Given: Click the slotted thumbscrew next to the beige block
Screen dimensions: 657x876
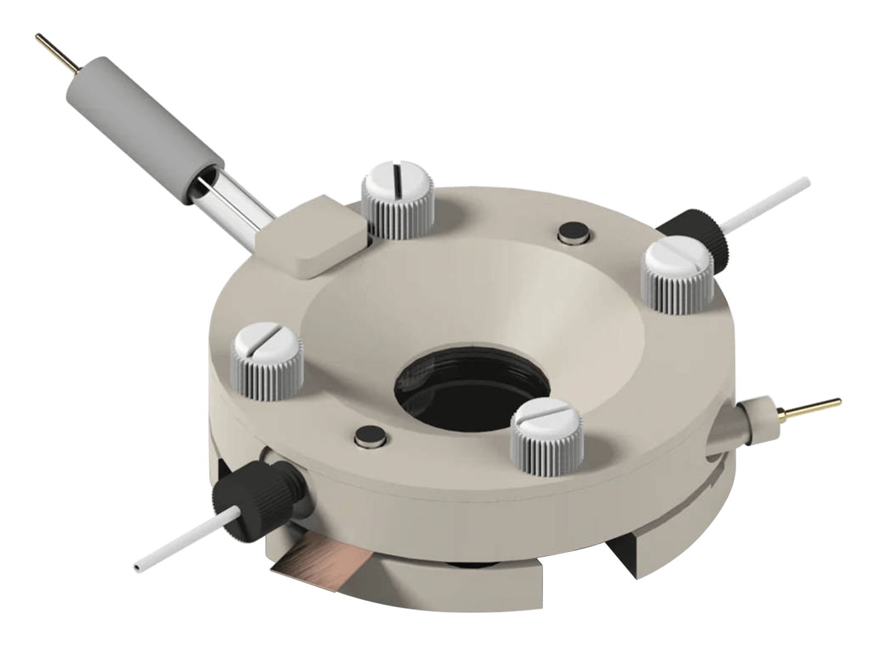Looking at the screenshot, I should coord(397,208).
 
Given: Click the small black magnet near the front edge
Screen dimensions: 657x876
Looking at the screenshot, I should coord(371,436).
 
